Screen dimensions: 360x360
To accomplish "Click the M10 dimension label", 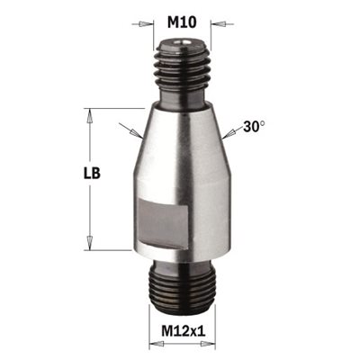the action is pyautogui.click(x=182, y=22).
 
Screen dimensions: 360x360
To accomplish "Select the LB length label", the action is pyautogui.click(x=92, y=173).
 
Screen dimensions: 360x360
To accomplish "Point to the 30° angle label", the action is pyautogui.click(x=255, y=126).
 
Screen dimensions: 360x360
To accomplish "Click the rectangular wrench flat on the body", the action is pyautogui.click(x=164, y=224).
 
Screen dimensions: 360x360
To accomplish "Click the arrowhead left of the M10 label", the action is pyautogui.click(x=146, y=24).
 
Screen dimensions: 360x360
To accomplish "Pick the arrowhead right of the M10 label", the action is pyautogui.click(x=218, y=23).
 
